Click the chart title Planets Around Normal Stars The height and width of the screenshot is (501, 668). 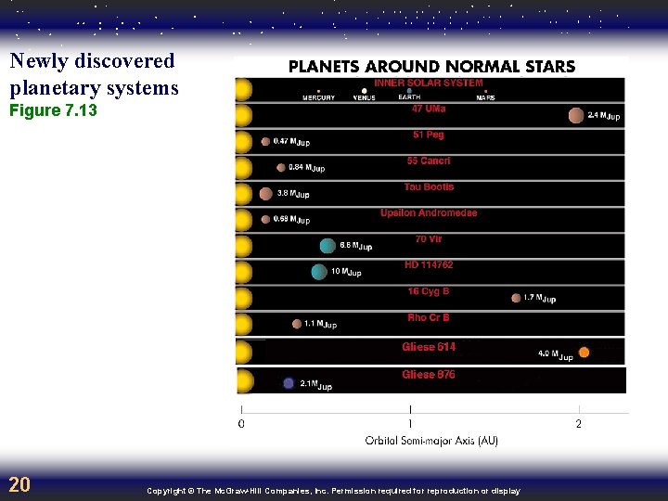click(x=431, y=67)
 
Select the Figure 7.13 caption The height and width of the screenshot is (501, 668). click(x=53, y=111)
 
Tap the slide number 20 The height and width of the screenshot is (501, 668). click(x=19, y=484)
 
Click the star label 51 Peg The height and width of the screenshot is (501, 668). click(x=429, y=135)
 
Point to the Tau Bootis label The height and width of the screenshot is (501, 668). click(x=429, y=186)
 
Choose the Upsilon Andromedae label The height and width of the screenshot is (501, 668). click(x=429, y=212)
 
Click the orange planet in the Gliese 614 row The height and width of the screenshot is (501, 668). click(x=584, y=352)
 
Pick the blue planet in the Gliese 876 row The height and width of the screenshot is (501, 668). click(x=289, y=382)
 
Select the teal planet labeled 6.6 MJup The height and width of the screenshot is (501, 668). click(x=328, y=246)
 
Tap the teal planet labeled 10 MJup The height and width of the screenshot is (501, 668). click(x=319, y=272)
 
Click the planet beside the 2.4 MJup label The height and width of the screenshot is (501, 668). click(x=576, y=115)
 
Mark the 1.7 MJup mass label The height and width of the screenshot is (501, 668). click(x=540, y=298)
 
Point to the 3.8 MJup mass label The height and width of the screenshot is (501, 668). click(x=293, y=194)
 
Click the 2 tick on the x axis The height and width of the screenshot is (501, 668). click(x=579, y=424)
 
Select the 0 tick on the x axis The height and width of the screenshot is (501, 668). click(x=242, y=424)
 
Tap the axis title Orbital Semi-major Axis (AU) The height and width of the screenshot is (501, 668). click(x=431, y=441)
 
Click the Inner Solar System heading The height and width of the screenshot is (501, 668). click(x=429, y=83)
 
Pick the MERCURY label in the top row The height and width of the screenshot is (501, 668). click(x=318, y=97)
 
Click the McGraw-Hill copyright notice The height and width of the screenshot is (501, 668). click(x=333, y=491)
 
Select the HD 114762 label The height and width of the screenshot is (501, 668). click(x=429, y=264)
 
